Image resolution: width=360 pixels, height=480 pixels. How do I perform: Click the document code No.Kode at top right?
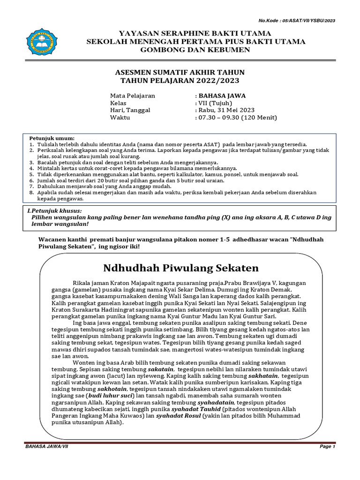click(297, 21)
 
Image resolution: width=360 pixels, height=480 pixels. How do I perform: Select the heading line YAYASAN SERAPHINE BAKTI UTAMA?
click(195, 34)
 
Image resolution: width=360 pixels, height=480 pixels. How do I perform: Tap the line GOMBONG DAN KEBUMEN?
click(195, 50)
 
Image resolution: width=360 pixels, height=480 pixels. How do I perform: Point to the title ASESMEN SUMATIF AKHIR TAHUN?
click(180, 72)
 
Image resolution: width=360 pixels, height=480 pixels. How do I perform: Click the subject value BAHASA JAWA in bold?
click(222, 96)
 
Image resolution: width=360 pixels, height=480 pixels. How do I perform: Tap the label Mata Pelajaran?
click(133, 96)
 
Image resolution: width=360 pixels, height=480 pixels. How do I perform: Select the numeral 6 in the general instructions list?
click(31, 180)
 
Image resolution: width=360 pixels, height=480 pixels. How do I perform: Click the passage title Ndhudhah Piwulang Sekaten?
click(181, 268)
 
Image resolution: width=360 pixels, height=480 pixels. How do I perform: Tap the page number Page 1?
click(328, 447)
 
